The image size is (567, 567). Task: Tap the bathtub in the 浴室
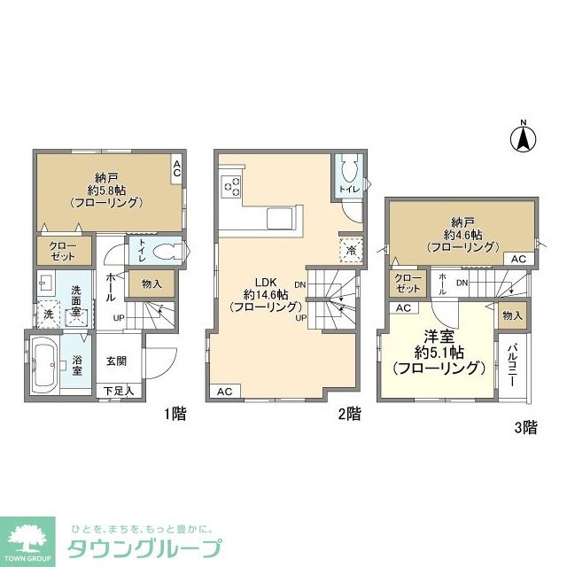47,365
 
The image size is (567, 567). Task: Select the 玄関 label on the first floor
117,360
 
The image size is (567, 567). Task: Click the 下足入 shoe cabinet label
117,390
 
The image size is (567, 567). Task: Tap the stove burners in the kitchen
233,186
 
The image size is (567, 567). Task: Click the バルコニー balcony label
512,365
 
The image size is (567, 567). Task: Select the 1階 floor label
175,414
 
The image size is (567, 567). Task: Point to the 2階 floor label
349,414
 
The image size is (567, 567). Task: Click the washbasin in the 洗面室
44,283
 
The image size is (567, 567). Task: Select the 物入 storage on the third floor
511,315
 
